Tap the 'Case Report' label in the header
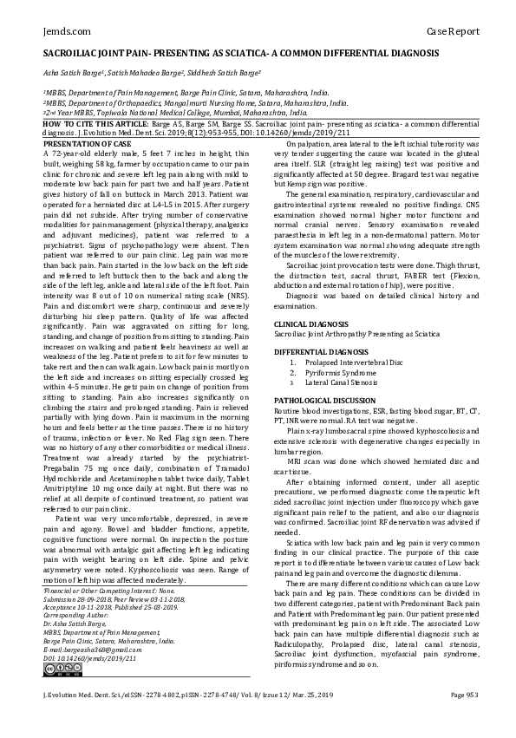coord(453,31)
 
